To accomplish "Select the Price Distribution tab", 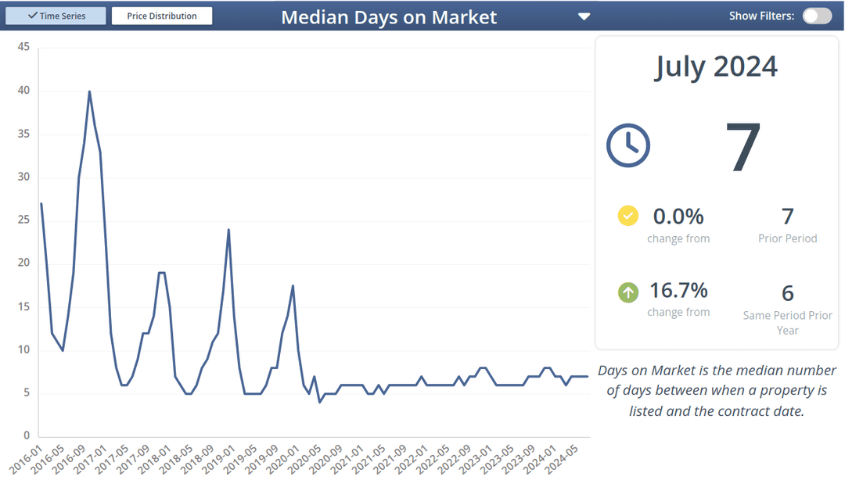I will pos(162,16).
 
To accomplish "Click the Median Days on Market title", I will pos(388,17).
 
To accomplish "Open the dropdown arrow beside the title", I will pos(584,16).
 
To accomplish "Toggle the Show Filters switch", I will pos(817,16).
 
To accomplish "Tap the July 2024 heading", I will pos(716,66).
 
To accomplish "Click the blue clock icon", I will pos(628,145).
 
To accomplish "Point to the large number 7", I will pos(743,148).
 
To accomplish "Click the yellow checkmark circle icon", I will pos(628,216).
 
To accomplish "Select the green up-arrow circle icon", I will pos(628,292).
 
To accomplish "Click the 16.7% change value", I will pos(678,291).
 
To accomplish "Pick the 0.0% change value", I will pos(678,216).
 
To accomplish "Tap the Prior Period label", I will pos(787,238).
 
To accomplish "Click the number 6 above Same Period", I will pos(787,293).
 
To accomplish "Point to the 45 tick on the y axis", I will pos(23,47).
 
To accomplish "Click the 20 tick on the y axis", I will pos(23,263).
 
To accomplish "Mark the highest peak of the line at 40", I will pos(89,91).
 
